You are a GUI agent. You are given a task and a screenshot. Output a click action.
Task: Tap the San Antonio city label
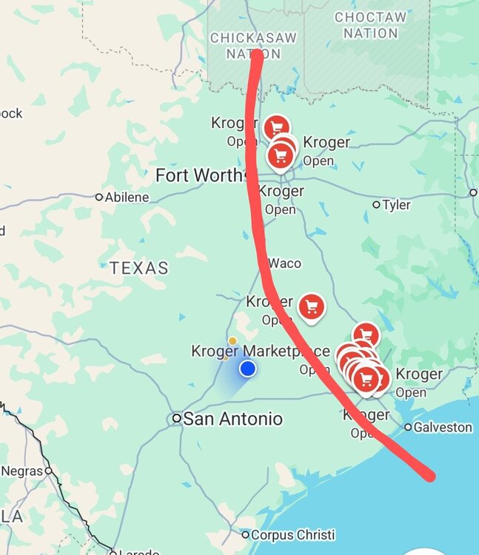point(232,419)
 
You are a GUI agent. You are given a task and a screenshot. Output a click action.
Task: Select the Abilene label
point(127,198)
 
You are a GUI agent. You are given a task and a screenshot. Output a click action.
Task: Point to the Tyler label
point(397,205)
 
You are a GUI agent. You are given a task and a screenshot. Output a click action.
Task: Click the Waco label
point(285,263)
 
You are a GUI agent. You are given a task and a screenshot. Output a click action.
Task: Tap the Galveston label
point(443,427)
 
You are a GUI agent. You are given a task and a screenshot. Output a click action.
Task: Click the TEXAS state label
point(139,268)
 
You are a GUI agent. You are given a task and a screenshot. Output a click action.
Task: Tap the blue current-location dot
point(247,368)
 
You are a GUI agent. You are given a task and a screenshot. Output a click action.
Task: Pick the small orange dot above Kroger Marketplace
point(232,341)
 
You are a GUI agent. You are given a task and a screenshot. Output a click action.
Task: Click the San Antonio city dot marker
point(177,418)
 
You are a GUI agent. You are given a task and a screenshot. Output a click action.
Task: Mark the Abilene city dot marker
point(99,197)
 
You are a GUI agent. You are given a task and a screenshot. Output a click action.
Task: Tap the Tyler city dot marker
point(376,204)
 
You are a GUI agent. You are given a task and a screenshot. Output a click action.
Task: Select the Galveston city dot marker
point(408,427)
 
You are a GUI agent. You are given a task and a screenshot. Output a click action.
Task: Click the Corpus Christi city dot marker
point(246,534)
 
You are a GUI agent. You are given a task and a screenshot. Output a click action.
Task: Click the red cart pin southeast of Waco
point(312,306)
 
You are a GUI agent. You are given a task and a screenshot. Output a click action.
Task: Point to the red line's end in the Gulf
point(430,477)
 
